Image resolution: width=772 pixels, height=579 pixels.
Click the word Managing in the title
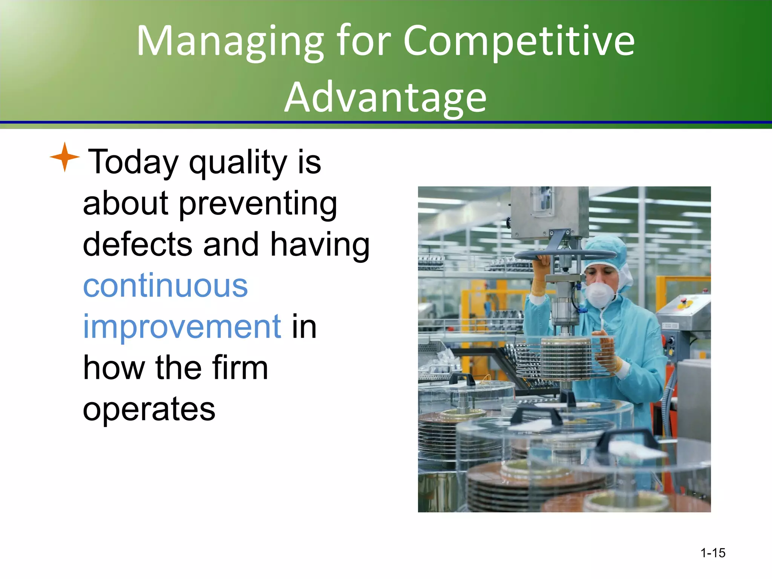230,41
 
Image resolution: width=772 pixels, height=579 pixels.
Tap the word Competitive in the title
519,41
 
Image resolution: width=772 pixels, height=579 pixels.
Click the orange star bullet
65,157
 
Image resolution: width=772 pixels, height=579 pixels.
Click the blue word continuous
165,286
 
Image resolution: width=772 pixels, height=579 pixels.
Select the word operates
149,409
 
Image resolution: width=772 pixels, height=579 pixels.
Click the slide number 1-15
712,553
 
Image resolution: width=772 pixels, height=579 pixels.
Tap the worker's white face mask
600,294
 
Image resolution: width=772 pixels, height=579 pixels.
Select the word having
320,245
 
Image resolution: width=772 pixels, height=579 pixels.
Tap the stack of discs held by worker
565,358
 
